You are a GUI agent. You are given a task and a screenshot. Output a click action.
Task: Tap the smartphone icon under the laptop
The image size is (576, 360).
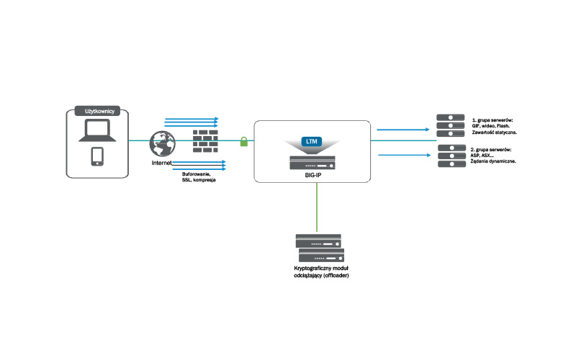pyautogui.click(x=97, y=157)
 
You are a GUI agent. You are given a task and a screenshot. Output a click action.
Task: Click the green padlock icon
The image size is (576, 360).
pyautogui.click(x=243, y=140)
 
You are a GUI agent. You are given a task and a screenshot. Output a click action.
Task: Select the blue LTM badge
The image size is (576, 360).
pyautogui.click(x=312, y=140)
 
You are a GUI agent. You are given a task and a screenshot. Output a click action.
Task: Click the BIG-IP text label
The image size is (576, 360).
pyautogui.click(x=312, y=174)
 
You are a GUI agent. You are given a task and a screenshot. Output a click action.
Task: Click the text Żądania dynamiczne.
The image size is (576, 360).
pyautogui.click(x=493, y=161)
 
